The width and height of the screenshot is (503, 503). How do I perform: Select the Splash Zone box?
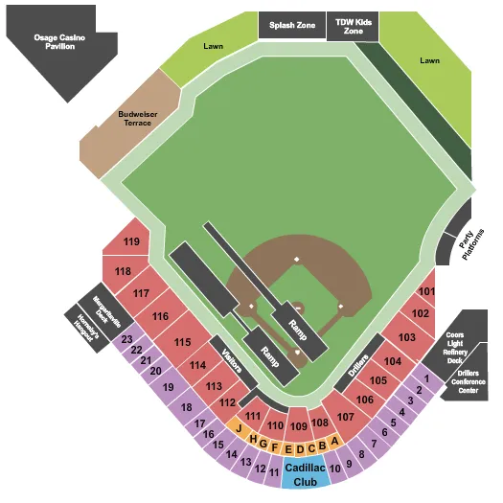click(x=291, y=27)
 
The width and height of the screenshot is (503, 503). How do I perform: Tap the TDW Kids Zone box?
click(x=352, y=27)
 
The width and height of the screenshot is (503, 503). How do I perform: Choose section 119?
click(x=131, y=241)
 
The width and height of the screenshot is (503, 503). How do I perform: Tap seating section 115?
click(x=182, y=342)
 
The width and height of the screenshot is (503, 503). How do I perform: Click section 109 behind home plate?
click(x=298, y=425)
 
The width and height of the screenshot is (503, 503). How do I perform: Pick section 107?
click(x=345, y=416)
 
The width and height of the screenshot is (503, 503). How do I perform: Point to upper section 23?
click(x=126, y=339)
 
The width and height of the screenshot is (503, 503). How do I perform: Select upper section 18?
click(x=186, y=407)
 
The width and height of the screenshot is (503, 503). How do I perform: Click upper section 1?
click(x=426, y=379)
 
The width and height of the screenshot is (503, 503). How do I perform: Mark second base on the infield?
click(x=297, y=260)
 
